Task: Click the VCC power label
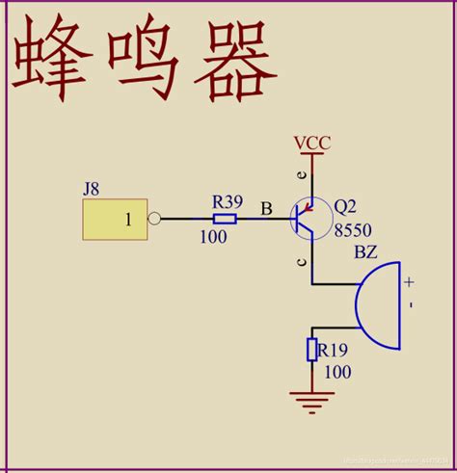(312, 144)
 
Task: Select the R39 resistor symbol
(224, 219)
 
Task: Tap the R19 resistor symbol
(312, 349)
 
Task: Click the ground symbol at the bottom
(312, 399)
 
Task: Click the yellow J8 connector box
(115, 220)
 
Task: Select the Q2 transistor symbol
(307, 219)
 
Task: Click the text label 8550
(352, 229)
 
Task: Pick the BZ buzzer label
(366, 252)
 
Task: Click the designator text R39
(228, 201)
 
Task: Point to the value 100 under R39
(214, 237)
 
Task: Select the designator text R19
(334, 350)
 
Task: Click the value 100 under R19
(336, 371)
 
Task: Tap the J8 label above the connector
(91, 188)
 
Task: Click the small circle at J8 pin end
(153, 219)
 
